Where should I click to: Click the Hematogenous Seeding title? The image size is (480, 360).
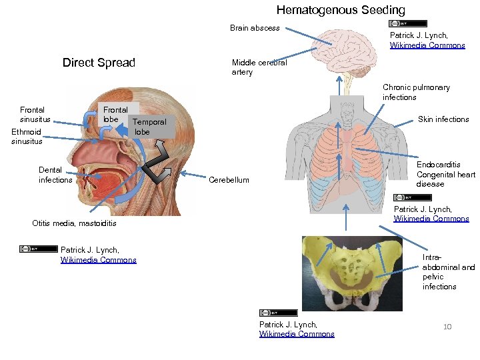341,10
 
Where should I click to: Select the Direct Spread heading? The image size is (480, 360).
99,63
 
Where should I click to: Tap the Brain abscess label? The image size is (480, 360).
255,28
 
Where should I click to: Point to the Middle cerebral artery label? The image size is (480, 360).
259,67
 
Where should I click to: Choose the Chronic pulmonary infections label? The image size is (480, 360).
416,92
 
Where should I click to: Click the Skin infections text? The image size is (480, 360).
443,119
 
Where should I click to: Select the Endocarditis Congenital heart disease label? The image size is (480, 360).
446,174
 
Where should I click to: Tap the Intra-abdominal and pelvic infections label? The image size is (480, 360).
449,271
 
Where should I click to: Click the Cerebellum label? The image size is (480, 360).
229,180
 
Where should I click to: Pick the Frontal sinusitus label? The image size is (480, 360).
35,114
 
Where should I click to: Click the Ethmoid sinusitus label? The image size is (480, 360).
27,136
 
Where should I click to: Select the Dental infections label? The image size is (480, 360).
55,175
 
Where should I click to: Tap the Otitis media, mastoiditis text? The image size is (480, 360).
74,223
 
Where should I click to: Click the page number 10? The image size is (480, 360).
448,326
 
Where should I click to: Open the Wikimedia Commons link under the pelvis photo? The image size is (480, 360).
297,334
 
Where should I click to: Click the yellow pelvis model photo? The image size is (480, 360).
352,273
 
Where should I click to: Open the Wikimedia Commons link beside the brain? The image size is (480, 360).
427,45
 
